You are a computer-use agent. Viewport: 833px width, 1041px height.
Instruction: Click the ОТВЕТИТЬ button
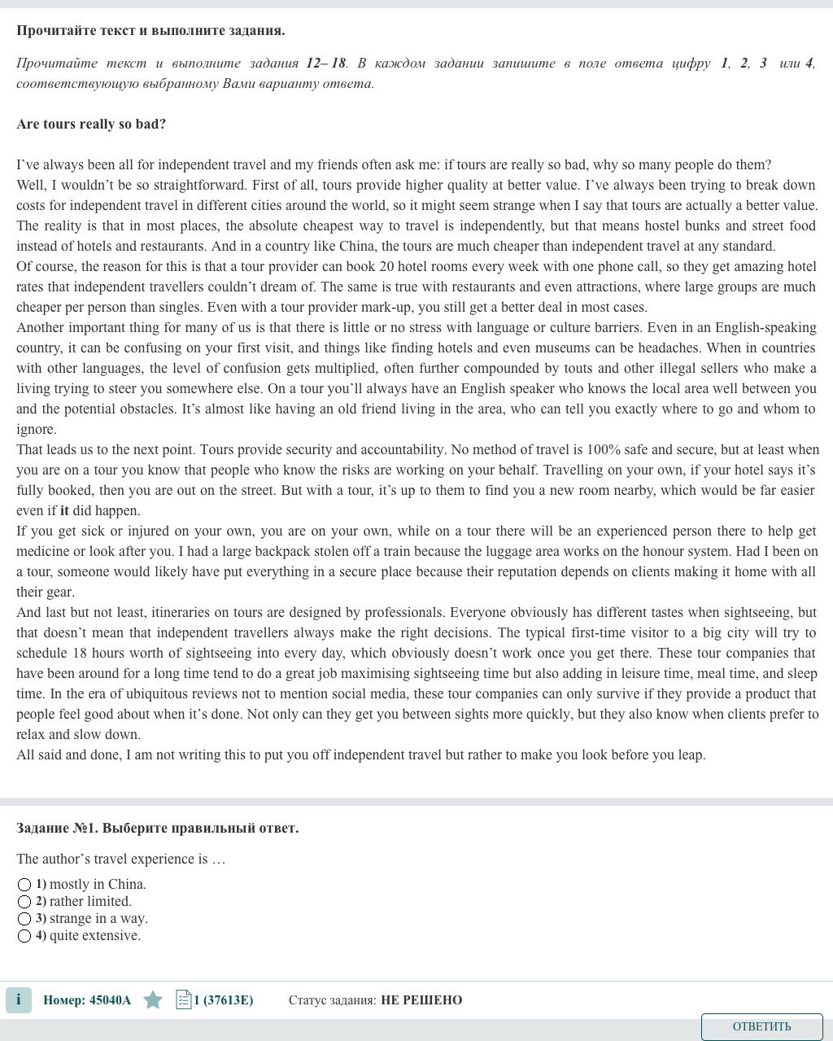tap(761, 1026)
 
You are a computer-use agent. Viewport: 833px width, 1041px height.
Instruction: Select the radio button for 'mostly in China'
tap(24, 885)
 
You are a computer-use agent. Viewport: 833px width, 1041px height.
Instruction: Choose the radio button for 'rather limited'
tap(24, 902)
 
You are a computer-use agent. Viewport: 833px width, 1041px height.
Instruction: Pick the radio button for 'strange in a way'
tap(24, 919)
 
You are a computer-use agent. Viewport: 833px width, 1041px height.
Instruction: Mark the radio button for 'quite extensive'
tap(24, 936)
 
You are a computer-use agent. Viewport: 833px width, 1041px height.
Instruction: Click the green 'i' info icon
tap(19, 999)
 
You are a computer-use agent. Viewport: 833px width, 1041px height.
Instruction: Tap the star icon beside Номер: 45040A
tap(153, 999)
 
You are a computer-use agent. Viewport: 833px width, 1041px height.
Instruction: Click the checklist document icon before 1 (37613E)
tap(183, 999)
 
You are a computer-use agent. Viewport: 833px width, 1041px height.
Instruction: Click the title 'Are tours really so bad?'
tap(91, 125)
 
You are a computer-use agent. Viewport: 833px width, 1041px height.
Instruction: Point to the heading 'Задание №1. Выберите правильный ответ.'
tap(157, 829)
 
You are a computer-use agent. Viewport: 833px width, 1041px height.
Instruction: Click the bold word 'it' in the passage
tap(64, 511)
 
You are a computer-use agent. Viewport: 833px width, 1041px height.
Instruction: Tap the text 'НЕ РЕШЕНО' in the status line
tap(421, 1000)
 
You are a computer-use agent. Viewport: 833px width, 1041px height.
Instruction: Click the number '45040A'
tap(110, 1000)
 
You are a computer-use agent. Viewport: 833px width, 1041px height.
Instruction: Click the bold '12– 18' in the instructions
tap(326, 63)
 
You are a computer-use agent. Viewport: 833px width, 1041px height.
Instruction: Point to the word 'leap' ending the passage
tap(690, 755)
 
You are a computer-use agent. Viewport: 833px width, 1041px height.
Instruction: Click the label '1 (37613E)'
tap(224, 1000)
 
